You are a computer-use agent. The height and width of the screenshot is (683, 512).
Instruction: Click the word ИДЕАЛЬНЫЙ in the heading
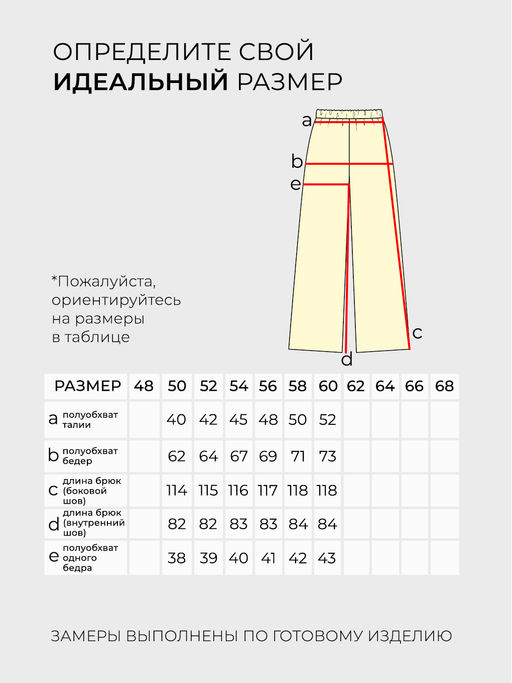(141, 82)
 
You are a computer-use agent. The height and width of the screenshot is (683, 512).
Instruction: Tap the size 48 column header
(144, 386)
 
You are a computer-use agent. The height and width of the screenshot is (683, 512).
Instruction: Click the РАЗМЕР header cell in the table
(87, 386)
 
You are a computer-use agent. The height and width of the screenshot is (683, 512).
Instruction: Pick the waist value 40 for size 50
(177, 419)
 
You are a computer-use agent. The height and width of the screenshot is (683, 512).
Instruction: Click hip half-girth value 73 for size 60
(327, 456)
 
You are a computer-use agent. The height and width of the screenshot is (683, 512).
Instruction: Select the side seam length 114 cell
(177, 491)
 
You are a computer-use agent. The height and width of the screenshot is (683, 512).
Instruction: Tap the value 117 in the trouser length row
(267, 491)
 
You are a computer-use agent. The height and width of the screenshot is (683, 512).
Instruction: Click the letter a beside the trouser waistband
(307, 121)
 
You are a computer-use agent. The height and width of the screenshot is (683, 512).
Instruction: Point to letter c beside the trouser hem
(418, 333)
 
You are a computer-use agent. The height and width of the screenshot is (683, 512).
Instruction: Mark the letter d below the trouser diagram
(347, 360)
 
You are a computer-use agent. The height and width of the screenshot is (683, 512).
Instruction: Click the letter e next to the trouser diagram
(295, 184)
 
